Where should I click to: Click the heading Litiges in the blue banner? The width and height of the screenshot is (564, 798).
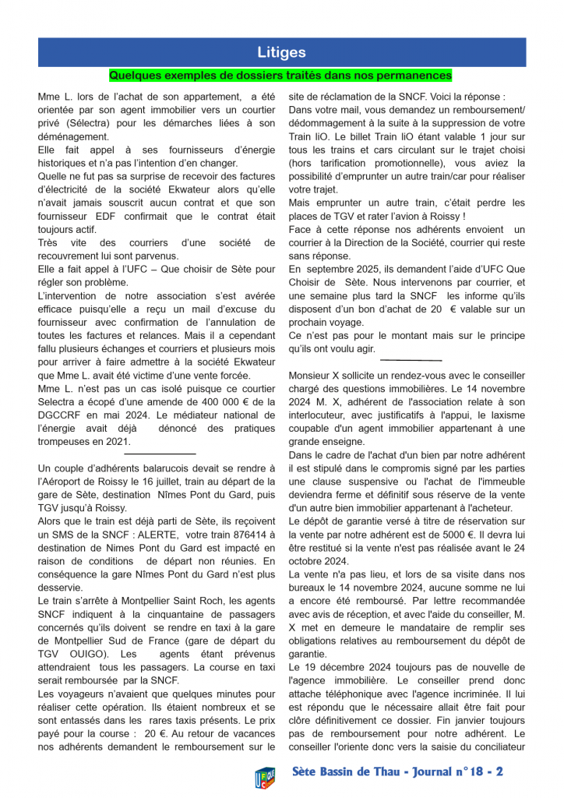[x=281, y=53]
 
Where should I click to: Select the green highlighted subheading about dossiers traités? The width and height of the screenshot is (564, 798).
[x=280, y=76]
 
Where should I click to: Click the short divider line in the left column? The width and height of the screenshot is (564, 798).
[x=160, y=454]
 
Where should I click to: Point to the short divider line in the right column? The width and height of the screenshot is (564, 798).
[x=411, y=361]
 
